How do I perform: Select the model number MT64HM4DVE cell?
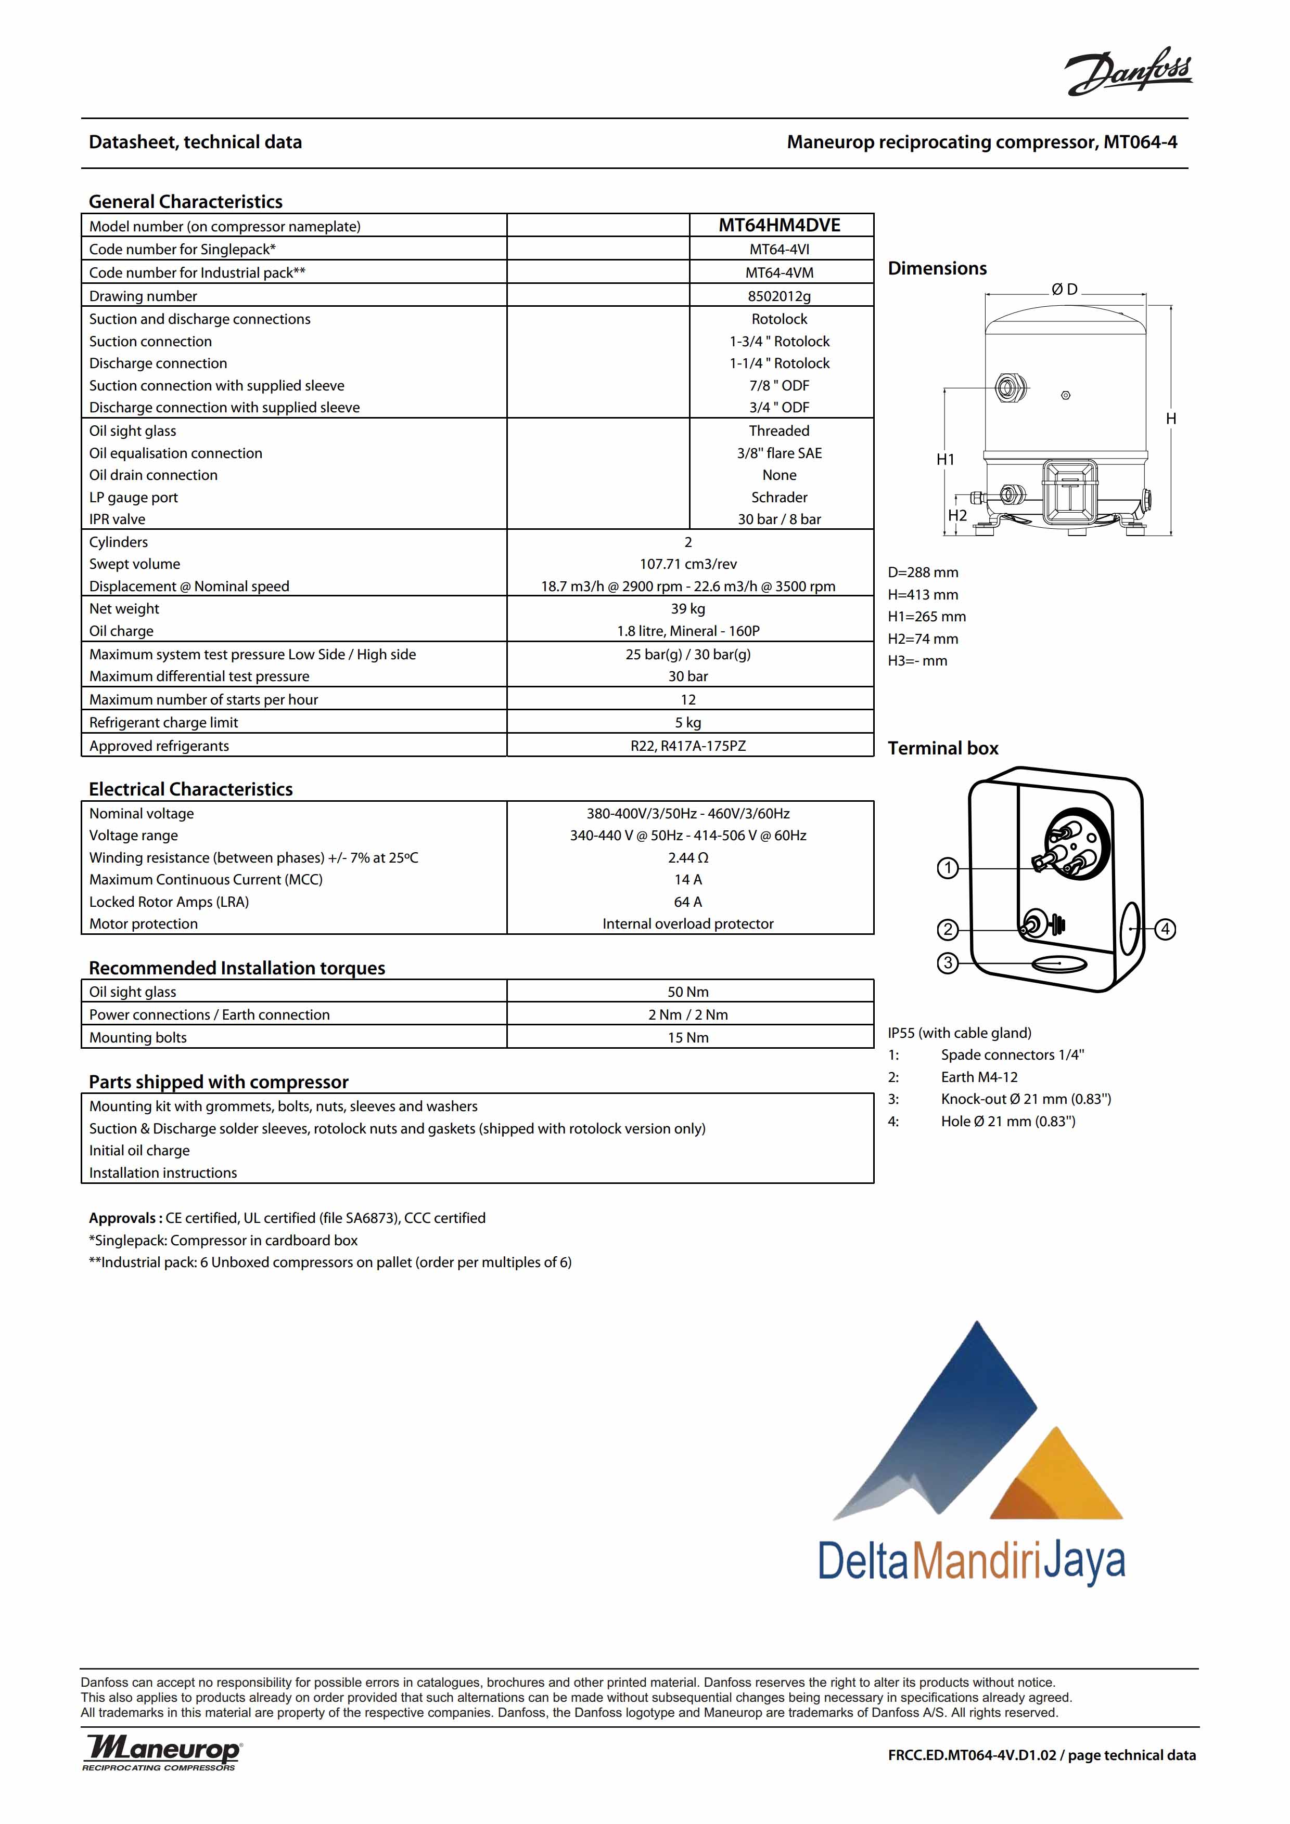coord(779,226)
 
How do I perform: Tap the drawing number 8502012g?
coord(779,296)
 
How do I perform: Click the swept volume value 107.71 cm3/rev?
coord(688,564)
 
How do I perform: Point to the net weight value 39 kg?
coord(688,608)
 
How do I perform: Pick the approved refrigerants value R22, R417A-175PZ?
coord(688,746)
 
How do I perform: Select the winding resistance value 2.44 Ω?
coord(688,858)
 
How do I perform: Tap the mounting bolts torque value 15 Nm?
coord(688,1037)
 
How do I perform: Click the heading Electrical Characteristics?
coord(191,790)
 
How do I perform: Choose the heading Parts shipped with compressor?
coord(219,1082)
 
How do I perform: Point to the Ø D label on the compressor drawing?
coord(1064,290)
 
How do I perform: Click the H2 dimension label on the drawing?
coord(958,516)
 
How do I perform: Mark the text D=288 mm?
coord(923,573)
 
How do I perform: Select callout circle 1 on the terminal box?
coord(948,868)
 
